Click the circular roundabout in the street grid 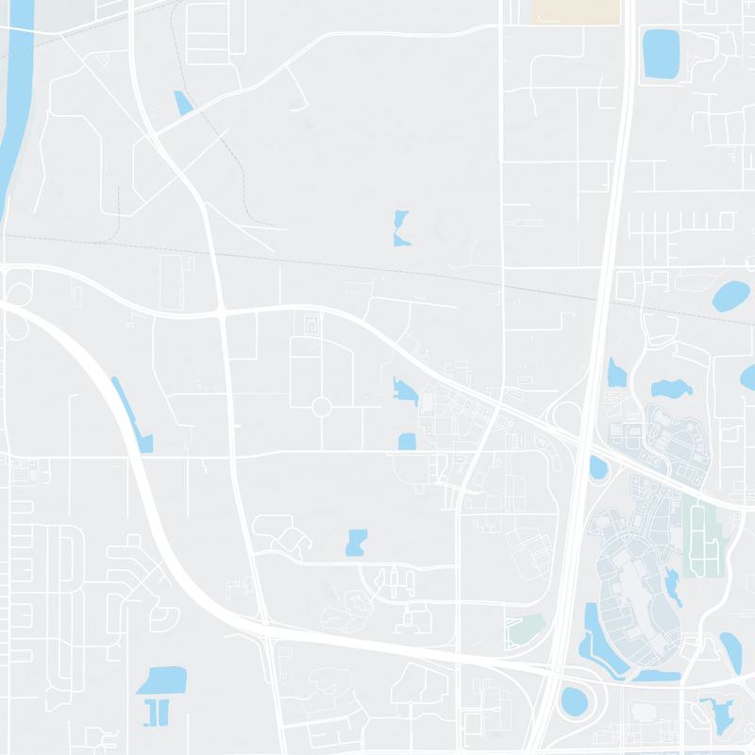[x=321, y=407]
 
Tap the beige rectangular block [x=577, y=11]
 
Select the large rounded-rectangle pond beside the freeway [x=661, y=53]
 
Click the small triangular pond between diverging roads [x=182, y=103]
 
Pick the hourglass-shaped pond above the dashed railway [x=401, y=228]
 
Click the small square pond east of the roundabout [x=407, y=441]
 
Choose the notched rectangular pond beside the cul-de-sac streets [x=357, y=542]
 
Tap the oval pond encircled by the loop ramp [x=574, y=700]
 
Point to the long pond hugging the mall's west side [x=594, y=642]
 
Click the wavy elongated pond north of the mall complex [x=671, y=388]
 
